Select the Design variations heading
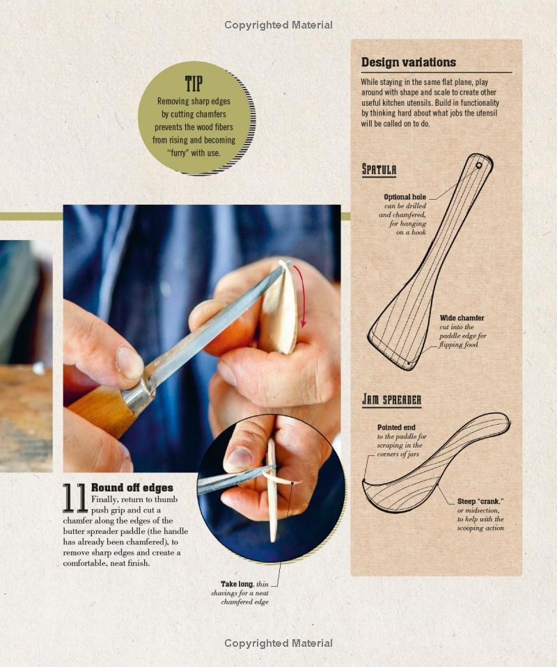pos(409,62)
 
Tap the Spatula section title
pos(379,169)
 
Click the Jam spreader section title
pos(391,400)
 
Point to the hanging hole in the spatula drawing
pos(479,166)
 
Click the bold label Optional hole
pos(405,197)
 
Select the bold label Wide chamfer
pos(462,318)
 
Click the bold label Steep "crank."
pos(480,501)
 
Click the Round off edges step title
pos(132,487)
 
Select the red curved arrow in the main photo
pos(301,296)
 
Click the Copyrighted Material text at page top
pos(278,25)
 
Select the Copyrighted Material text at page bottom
pos(278,643)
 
